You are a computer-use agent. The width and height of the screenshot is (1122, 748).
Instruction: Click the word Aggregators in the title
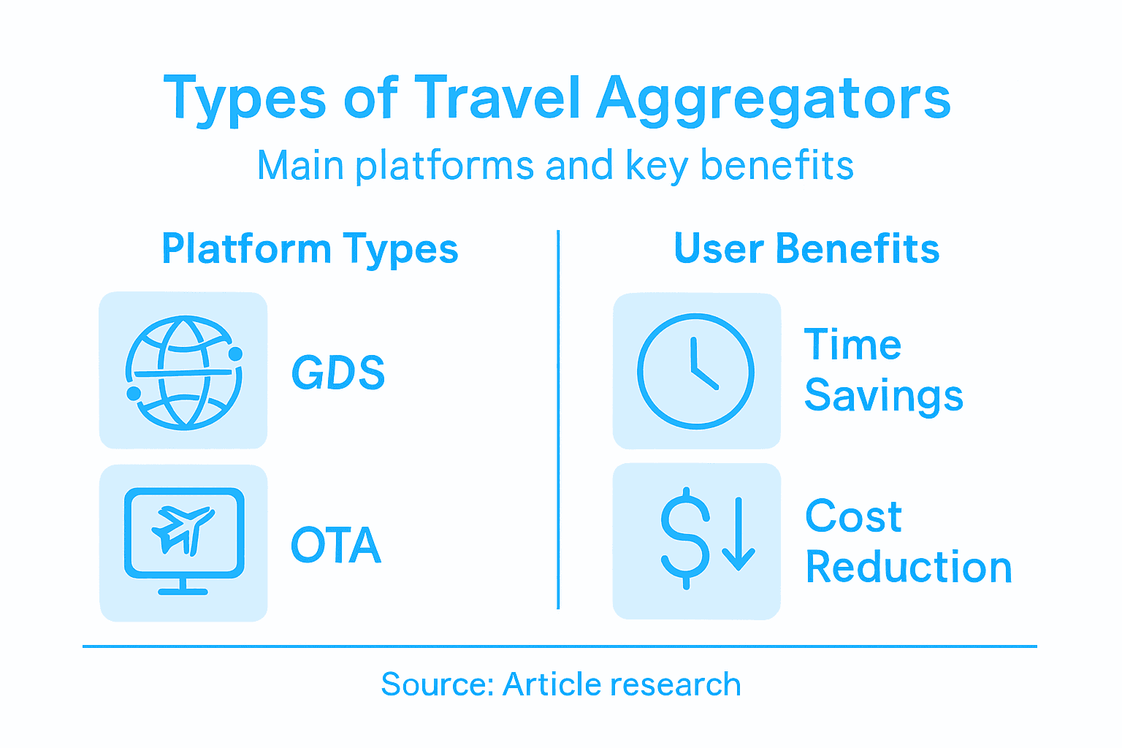[774, 99]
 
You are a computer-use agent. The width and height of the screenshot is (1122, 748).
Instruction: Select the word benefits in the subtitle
[777, 165]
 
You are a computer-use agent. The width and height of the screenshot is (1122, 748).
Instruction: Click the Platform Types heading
[310, 249]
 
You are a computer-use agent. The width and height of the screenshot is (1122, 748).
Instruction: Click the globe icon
[183, 371]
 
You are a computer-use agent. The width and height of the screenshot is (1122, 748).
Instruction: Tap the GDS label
[338, 373]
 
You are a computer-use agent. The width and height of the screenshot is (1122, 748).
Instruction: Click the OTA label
[336, 545]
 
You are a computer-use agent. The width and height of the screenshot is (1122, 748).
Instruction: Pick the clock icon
[695, 371]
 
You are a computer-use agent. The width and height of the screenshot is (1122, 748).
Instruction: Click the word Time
[852, 345]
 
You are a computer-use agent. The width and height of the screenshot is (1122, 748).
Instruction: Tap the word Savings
[884, 396]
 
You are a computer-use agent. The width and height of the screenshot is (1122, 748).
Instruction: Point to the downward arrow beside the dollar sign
[739, 534]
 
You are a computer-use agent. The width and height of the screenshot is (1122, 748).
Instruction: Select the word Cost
[853, 516]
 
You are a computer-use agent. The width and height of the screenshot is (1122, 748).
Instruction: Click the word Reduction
[909, 568]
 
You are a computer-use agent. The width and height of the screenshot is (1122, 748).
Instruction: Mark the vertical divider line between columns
[558, 420]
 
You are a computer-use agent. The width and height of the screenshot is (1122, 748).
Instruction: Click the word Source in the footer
[437, 684]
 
